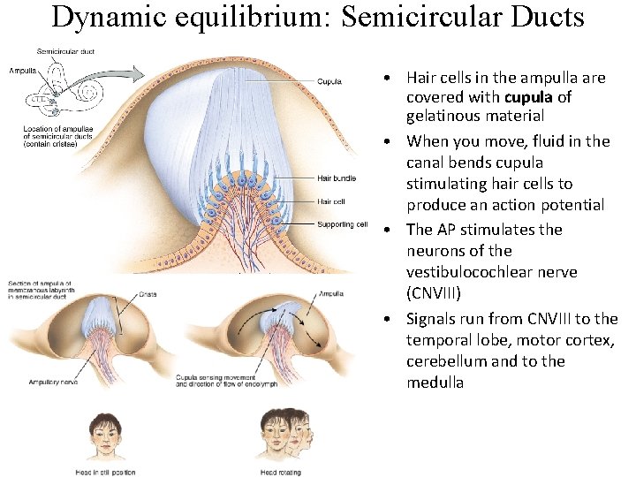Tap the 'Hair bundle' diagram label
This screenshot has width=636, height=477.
point(337,178)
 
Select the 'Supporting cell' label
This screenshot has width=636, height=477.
point(342,224)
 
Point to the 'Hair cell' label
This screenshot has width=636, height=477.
point(332,201)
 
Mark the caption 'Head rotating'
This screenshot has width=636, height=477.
point(282,472)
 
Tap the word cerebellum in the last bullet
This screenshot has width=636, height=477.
point(450,361)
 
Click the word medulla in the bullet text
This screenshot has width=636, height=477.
point(435,382)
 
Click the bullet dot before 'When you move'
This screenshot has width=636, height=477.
point(389,141)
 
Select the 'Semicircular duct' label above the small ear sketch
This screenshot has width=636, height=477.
point(64,50)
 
